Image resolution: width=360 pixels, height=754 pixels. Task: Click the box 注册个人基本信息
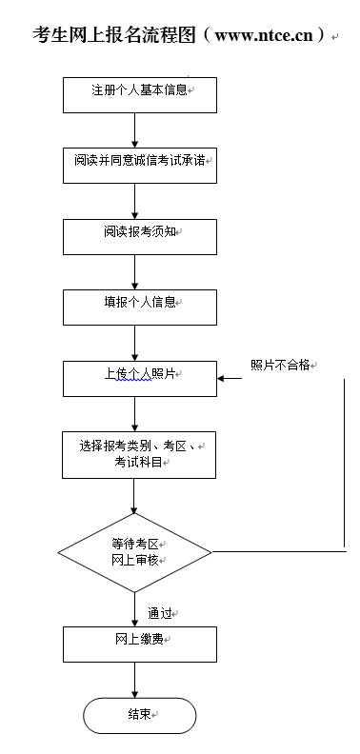click(x=134, y=92)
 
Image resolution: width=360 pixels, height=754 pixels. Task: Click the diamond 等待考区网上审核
click(x=134, y=550)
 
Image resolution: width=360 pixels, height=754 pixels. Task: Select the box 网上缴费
click(x=134, y=643)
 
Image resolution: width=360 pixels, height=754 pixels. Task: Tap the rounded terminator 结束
click(x=139, y=715)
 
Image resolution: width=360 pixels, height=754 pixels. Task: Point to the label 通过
click(x=161, y=612)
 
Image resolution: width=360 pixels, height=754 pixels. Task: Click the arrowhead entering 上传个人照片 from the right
click(x=223, y=378)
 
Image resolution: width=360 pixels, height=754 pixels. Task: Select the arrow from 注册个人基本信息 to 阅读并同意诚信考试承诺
click(x=134, y=128)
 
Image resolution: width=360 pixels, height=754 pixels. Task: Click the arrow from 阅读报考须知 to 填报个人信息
click(x=134, y=270)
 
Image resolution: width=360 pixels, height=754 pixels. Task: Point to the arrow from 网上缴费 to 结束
click(x=134, y=680)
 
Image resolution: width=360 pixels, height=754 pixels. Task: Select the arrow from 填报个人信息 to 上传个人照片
click(x=134, y=342)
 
